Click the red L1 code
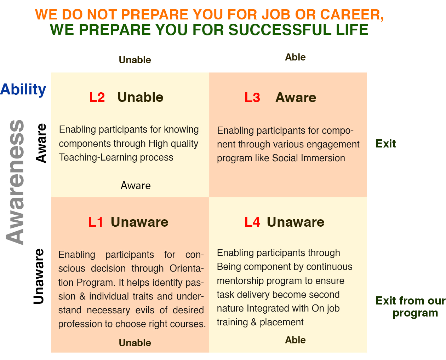coord(96,222)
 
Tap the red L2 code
coord(97,97)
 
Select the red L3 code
coord(252,98)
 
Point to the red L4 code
coord(252,222)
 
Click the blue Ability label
coord(23,89)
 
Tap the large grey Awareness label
coord(16,182)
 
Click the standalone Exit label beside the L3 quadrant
coord(385,144)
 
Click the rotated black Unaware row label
coord(39,276)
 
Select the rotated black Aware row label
coord(41,143)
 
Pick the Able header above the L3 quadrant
coord(295,57)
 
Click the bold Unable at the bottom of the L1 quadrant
coord(135,343)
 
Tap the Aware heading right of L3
coord(296,98)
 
